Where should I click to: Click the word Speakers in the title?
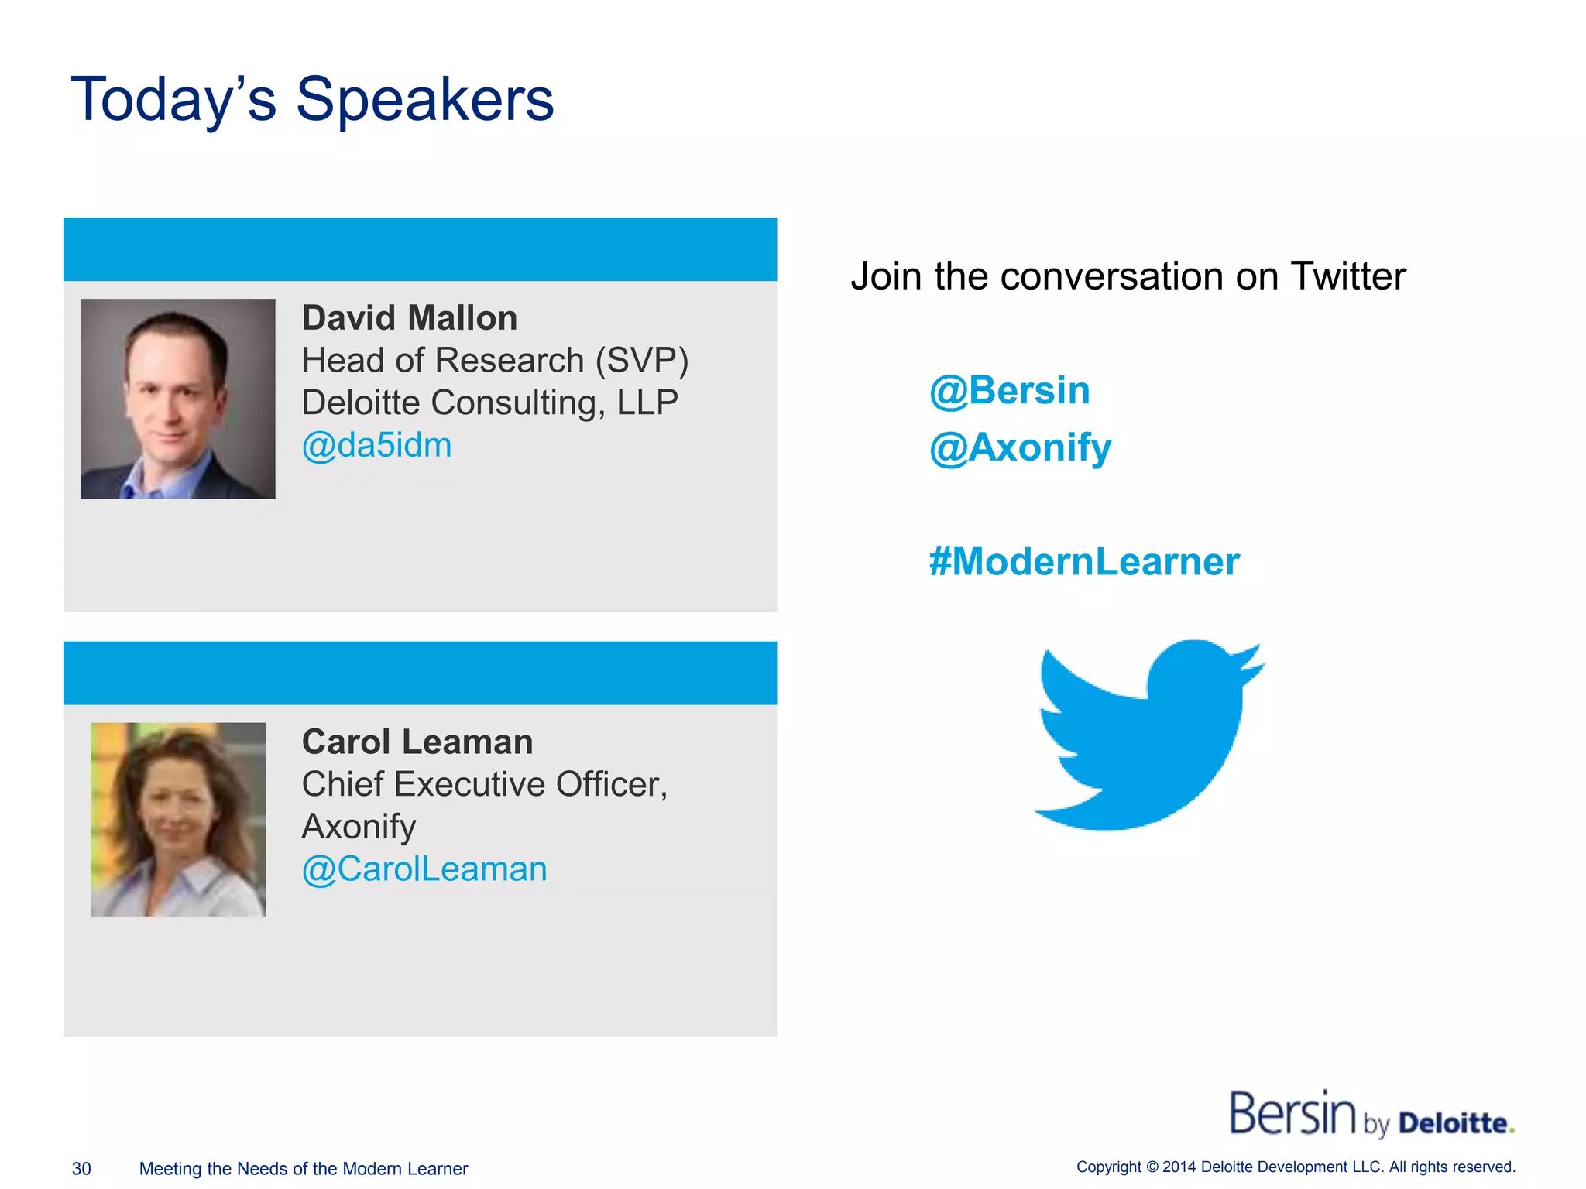[x=424, y=101]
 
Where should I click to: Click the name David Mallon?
[x=410, y=318]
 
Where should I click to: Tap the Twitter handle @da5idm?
[x=376, y=446]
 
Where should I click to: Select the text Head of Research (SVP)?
[x=495, y=361]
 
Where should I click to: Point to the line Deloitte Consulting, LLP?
[x=489, y=403]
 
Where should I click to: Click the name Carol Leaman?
[x=417, y=742]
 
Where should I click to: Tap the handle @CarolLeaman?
[x=424, y=869]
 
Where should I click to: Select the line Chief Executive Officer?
[x=485, y=785]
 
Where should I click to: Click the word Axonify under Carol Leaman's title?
[x=359, y=827]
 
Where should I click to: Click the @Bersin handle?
[x=1009, y=390]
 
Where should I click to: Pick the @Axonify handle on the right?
[x=1020, y=448]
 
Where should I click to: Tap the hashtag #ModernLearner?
[x=1084, y=562]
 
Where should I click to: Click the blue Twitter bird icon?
[x=1148, y=735]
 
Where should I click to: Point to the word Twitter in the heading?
[x=1347, y=276]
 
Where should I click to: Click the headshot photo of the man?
[x=178, y=399]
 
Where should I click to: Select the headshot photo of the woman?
[x=178, y=820]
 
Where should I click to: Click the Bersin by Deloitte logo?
[x=1371, y=1115]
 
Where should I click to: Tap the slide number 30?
[x=81, y=1169]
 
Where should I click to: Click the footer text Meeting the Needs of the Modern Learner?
[x=304, y=1169]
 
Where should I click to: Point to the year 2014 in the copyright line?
[x=1179, y=1167]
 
